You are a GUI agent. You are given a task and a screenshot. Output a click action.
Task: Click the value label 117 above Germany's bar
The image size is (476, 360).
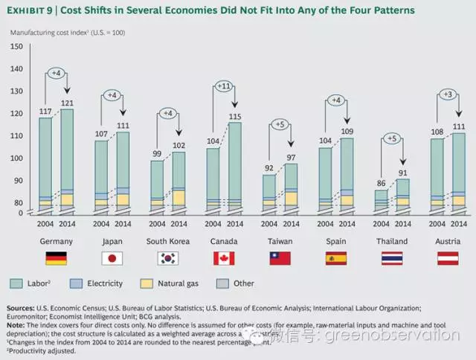45,112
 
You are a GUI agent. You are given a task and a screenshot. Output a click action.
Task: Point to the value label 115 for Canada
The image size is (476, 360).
234,116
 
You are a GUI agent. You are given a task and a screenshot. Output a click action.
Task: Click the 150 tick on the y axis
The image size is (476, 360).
16,47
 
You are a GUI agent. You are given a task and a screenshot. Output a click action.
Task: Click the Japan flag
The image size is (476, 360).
112,258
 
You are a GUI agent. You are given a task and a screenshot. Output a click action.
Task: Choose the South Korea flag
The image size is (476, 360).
168,258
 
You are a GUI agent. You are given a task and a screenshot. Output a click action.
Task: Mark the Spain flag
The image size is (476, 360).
335,258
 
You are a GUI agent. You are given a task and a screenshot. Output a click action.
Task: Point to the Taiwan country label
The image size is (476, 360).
280,242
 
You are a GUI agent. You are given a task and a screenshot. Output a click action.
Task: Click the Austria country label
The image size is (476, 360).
448,242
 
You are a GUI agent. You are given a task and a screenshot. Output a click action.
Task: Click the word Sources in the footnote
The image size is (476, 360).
22,306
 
